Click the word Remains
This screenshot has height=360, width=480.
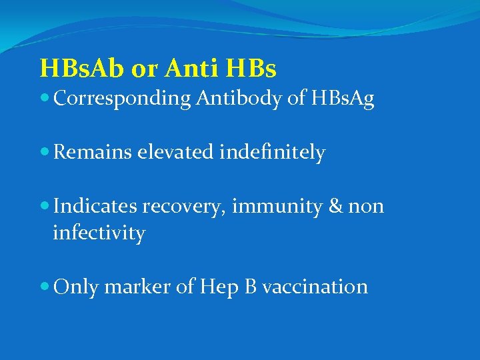coord(93,153)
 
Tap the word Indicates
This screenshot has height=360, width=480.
coord(96,207)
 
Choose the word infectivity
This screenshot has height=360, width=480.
coord(99,233)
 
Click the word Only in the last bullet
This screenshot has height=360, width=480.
coord(75,287)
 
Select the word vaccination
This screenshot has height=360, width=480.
coord(315,287)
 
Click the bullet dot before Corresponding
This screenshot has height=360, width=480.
coord(45,99)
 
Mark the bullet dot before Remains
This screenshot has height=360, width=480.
coord(45,153)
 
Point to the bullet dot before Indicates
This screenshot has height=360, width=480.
coord(45,207)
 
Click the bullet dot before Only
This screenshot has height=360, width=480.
coord(45,287)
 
